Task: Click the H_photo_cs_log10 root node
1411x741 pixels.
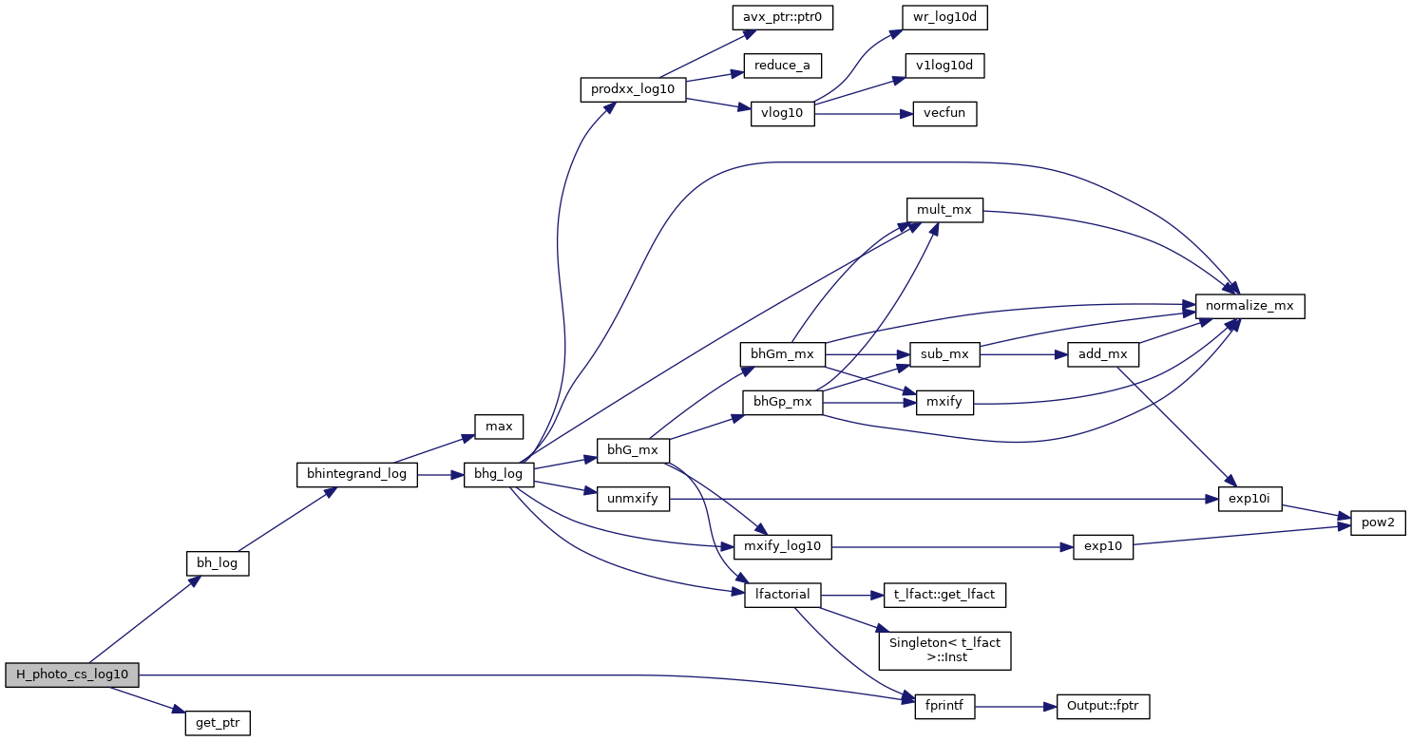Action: pos(72,674)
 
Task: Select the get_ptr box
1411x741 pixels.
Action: pos(218,723)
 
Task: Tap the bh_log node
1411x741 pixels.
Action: pos(217,563)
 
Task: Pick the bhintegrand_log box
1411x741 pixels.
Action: pos(357,474)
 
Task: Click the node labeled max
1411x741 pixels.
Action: pos(499,427)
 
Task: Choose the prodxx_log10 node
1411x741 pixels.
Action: pos(633,90)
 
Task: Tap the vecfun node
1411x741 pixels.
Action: pos(944,113)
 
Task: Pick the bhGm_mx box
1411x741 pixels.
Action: pos(782,353)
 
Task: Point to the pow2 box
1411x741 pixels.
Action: pos(1378,522)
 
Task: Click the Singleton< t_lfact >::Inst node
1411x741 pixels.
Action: pos(944,650)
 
